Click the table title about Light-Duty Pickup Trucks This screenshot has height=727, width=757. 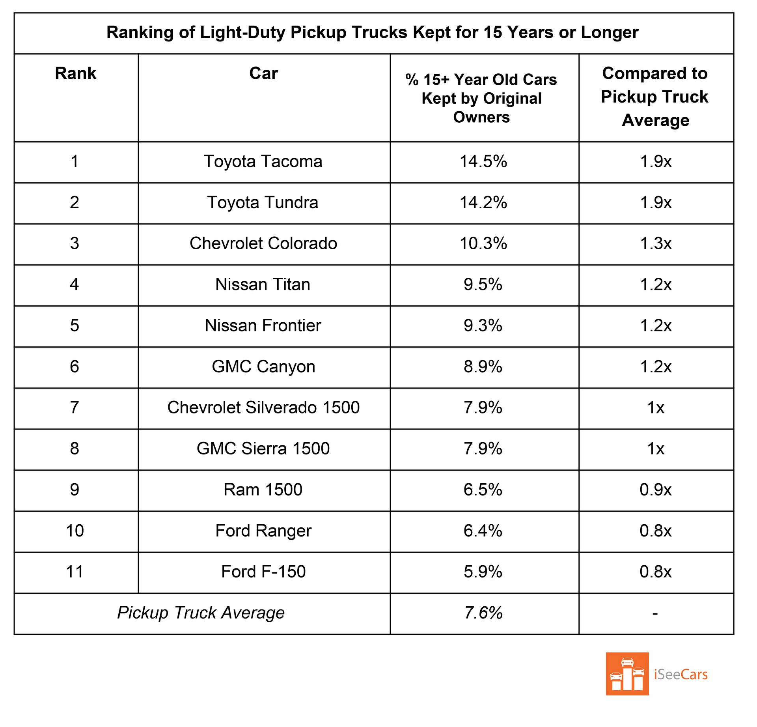[372, 32]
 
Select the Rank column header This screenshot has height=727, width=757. [76, 73]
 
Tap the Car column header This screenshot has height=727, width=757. [263, 73]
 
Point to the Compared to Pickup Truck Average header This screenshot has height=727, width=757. [655, 97]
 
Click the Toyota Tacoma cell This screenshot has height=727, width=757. [263, 162]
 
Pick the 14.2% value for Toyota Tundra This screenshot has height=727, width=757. [483, 203]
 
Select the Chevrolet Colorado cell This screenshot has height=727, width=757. [263, 244]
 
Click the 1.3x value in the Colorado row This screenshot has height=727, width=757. [656, 244]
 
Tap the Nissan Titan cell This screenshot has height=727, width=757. [263, 285]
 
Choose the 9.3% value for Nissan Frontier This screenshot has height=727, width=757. [483, 326]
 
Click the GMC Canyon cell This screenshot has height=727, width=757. [263, 367]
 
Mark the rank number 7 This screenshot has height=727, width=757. [75, 407]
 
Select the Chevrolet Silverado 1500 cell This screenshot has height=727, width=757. [263, 407]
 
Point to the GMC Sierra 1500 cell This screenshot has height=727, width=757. [263, 449]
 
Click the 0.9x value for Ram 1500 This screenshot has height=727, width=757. [656, 490]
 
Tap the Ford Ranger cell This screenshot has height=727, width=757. [263, 531]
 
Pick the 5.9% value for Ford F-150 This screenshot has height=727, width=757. [483, 572]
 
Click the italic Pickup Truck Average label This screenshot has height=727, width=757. [201, 613]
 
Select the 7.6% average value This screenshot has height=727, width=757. [483, 613]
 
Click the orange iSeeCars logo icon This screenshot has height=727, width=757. [627, 674]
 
